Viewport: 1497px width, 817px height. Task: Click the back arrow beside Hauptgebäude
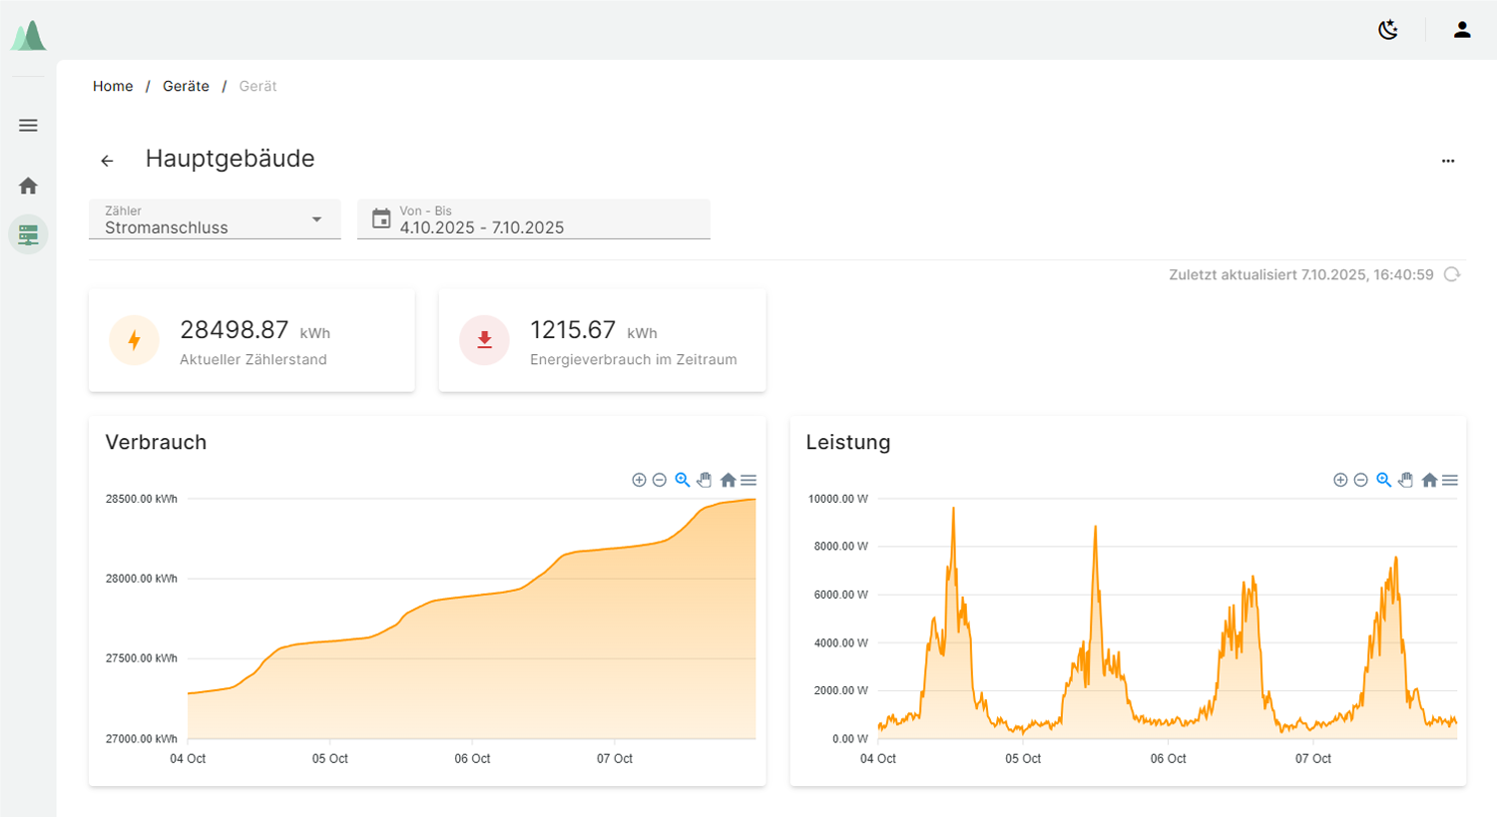[107, 161]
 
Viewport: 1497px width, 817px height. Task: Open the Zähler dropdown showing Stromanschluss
[215, 219]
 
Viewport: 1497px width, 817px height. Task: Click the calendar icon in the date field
[381, 218]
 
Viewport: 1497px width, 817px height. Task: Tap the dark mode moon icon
[1388, 30]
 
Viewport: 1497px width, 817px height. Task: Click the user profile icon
[1462, 30]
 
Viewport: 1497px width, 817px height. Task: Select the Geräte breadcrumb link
[186, 87]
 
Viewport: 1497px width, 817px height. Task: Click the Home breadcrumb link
[113, 87]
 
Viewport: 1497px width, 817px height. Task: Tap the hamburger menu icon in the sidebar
[28, 126]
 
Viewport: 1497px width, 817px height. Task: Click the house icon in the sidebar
[28, 186]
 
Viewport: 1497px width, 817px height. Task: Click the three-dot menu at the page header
[1448, 161]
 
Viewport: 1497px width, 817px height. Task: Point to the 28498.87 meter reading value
[235, 330]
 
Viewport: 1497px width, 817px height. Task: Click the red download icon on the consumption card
[484, 340]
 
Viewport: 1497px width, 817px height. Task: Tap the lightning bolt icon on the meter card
[134, 340]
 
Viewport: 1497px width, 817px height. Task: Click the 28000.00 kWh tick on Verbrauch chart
[142, 579]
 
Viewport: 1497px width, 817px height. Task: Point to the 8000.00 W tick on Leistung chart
[841, 547]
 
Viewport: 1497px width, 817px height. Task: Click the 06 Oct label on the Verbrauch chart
[472, 759]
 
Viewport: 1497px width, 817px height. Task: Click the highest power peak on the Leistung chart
[953, 510]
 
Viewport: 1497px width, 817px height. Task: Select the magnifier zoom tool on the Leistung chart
[1383, 480]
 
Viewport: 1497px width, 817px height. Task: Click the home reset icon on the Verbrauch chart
[728, 480]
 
